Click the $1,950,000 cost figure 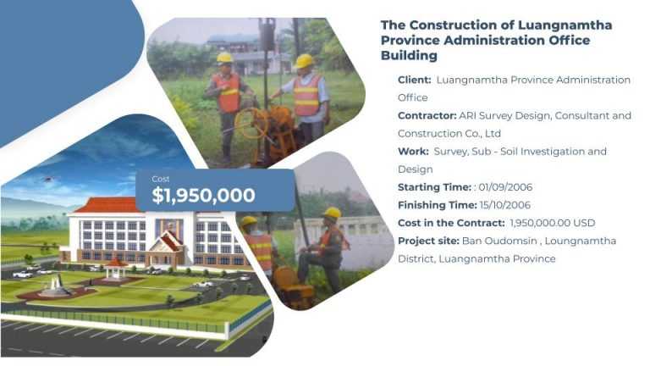(x=203, y=195)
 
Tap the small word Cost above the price (x=161, y=179)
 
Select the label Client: (x=414, y=80)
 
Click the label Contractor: (x=427, y=115)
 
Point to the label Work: (x=413, y=152)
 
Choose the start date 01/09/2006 (x=505, y=187)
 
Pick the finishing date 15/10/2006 (x=505, y=205)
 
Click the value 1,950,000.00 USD (x=552, y=223)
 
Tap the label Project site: (x=428, y=241)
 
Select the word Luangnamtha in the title (x=565, y=25)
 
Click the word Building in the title (x=409, y=55)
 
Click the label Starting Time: (x=434, y=187)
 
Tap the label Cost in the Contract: (x=451, y=223)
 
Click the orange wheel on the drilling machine (x=251, y=123)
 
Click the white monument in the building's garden (x=55, y=286)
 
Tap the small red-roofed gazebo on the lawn (x=116, y=269)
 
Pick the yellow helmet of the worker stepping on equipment (x=332, y=213)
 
